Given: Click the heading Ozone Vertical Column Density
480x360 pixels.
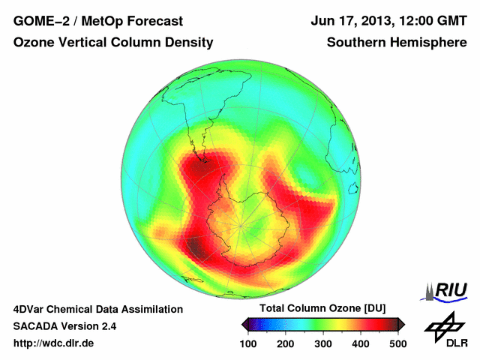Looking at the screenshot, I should (113, 43).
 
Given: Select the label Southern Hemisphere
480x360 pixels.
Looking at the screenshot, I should (397, 43).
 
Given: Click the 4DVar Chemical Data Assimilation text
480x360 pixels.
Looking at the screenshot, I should (98, 309).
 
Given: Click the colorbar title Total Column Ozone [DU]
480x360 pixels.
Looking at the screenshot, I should (322, 309).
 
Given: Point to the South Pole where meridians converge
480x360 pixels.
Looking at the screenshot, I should (241, 224).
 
